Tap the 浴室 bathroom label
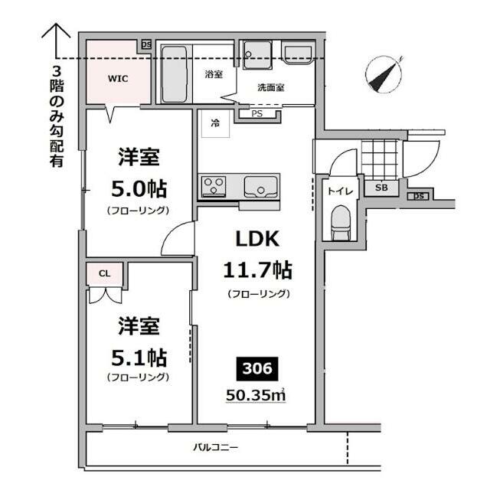pos(213,75)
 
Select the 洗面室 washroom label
pos(270,87)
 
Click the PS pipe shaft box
pos(256,115)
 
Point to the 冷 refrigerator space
pos(215,124)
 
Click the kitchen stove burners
pos(214,185)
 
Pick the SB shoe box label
pos(381,187)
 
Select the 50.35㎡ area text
pos(256,395)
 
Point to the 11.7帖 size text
pos(256,269)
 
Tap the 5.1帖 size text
pos(138,356)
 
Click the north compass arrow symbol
pos(384,75)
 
